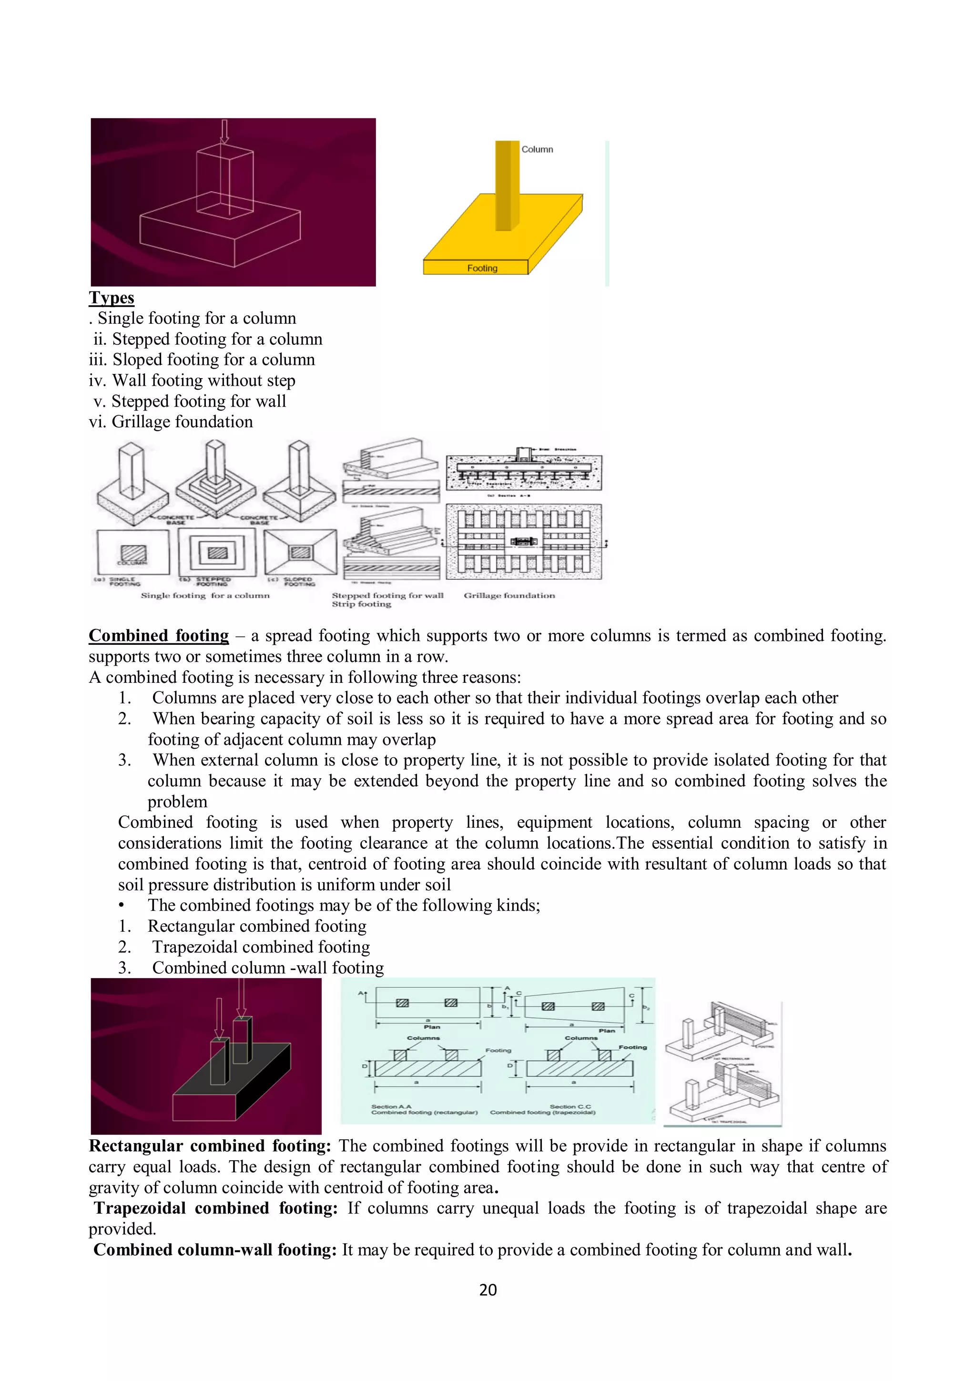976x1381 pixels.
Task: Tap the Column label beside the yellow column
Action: tap(537, 149)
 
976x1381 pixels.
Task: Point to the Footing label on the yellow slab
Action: tap(482, 268)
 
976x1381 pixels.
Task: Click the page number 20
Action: tap(488, 1289)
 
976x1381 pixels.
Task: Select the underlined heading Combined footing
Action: tap(159, 636)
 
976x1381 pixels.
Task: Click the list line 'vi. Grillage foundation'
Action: tap(171, 422)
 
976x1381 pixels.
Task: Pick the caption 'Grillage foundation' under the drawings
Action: tap(509, 596)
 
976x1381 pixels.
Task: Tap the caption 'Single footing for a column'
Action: tap(205, 596)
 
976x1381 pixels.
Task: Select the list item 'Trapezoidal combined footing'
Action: tap(261, 947)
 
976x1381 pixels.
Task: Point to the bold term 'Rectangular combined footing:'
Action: tap(210, 1146)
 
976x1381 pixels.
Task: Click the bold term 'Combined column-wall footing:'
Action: tap(214, 1250)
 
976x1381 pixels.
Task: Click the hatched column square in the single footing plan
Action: tap(133, 553)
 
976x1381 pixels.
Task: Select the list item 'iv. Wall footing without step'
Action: tap(192, 380)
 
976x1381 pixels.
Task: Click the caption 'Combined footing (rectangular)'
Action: tap(424, 1113)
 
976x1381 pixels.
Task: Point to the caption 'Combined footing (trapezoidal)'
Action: tap(543, 1113)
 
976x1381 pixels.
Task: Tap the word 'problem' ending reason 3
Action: tap(177, 802)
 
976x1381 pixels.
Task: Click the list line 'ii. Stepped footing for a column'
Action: tap(207, 339)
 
